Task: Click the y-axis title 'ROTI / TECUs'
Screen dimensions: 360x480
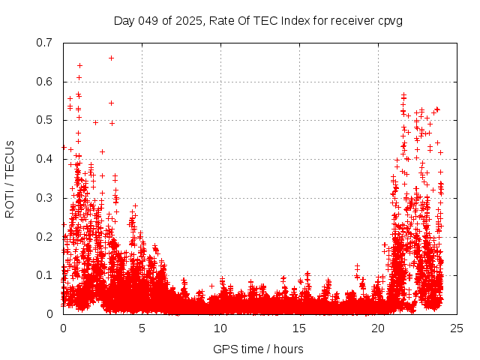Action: point(10,178)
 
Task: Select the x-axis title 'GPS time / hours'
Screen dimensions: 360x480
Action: point(258,349)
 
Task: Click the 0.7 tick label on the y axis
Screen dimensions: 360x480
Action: point(45,43)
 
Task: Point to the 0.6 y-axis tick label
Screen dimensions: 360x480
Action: point(45,82)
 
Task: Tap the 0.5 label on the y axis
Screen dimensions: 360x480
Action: point(45,120)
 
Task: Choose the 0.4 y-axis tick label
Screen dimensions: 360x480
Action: point(45,159)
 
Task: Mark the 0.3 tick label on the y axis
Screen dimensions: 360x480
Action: point(45,198)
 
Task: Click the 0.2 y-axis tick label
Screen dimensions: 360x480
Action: point(45,236)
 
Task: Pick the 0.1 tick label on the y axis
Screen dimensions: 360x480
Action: point(45,275)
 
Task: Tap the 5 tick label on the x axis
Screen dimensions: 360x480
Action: point(142,328)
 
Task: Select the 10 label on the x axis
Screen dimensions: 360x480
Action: point(220,328)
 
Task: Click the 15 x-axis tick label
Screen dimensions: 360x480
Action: point(299,328)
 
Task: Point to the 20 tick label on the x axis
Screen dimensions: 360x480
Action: point(378,328)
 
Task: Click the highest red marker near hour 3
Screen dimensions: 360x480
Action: point(111,58)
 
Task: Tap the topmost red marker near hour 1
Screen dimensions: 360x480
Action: point(79,65)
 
